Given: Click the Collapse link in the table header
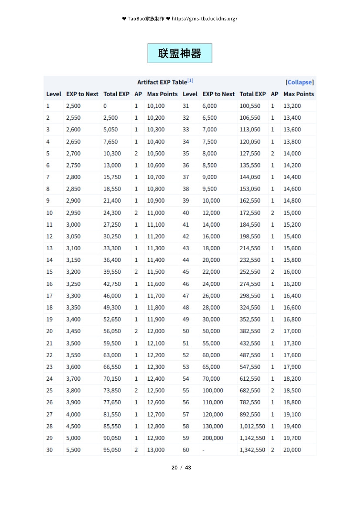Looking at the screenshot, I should (299, 82).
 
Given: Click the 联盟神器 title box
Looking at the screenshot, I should (180, 54).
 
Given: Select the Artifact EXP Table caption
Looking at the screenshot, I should (162, 82).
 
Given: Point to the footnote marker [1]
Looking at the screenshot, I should (190, 81).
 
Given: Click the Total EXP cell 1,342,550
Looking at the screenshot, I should (252, 450).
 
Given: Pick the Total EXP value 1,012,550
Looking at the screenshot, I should (252, 426).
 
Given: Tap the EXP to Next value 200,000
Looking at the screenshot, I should (212, 438).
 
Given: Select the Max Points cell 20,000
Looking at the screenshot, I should (292, 450).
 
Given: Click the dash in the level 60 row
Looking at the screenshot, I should (203, 450).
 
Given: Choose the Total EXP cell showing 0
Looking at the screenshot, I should (105, 106).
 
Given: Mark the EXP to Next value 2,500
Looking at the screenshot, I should (73, 106).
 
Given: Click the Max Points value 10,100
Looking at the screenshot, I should (155, 106).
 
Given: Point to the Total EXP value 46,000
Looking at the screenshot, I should (112, 296).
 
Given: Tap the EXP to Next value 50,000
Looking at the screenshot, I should (211, 332).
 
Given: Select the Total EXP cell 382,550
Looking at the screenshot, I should (250, 332).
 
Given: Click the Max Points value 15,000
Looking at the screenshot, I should (292, 213).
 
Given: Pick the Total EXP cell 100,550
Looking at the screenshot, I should (250, 106).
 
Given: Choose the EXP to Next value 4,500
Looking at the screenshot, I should (73, 426).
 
